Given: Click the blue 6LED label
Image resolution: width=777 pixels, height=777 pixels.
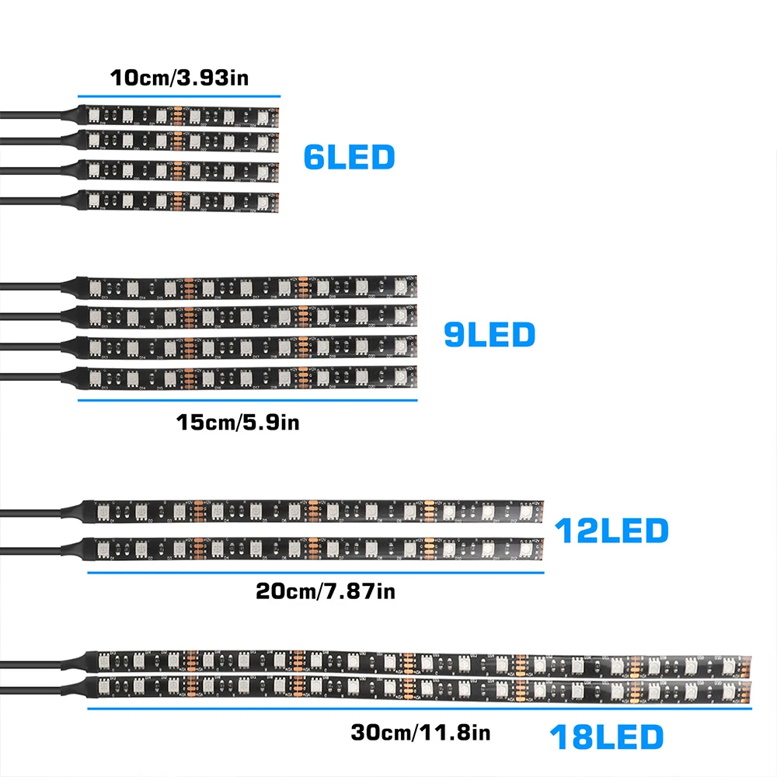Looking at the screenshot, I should pyautogui.click(x=349, y=158).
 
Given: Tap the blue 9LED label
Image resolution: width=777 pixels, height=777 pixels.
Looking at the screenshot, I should pyautogui.click(x=490, y=334).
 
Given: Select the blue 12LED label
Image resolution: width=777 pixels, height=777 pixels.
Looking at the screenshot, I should pyautogui.click(x=611, y=531).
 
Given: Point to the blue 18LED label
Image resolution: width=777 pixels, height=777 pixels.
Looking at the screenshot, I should pyautogui.click(x=607, y=736).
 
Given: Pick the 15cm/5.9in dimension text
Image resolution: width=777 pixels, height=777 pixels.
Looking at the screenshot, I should pyautogui.click(x=238, y=423).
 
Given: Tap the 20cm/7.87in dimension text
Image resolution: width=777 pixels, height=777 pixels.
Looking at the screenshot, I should pyautogui.click(x=326, y=591).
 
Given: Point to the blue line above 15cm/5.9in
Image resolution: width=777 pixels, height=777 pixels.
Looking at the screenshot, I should pyautogui.click(x=247, y=400).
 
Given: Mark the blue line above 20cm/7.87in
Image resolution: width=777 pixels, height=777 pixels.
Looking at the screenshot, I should pyautogui.click(x=315, y=573).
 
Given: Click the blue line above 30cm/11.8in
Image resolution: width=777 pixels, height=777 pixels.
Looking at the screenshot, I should pyautogui.click(x=420, y=708).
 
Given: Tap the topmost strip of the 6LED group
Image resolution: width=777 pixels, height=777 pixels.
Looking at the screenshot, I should pyautogui.click(x=179, y=116).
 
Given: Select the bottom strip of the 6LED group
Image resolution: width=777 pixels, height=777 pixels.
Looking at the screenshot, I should pyautogui.click(x=179, y=200).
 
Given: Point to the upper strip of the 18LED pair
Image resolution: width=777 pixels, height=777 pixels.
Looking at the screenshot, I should pyautogui.click(x=420, y=660).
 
